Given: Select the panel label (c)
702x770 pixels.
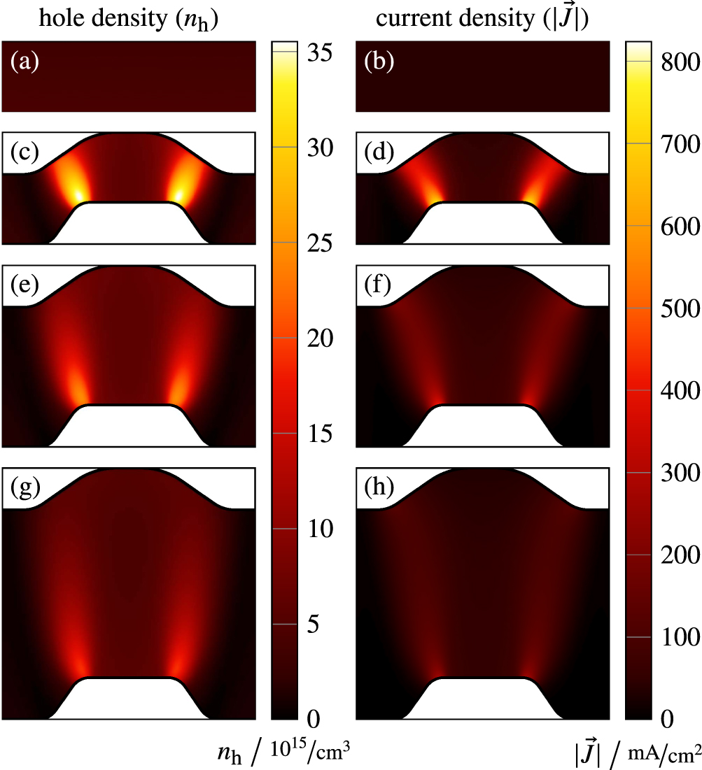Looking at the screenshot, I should (x=24, y=152).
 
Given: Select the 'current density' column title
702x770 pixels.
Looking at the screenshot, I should (x=482, y=20).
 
